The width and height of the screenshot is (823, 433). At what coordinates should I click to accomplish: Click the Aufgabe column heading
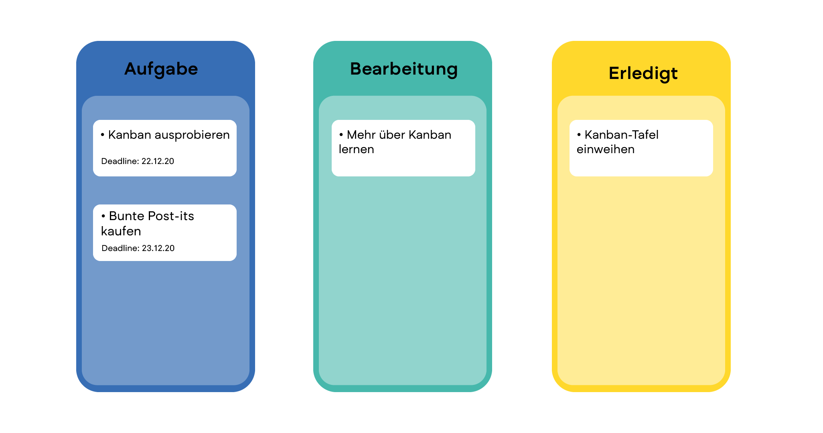(161, 69)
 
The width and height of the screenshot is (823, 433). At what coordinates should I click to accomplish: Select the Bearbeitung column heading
(404, 69)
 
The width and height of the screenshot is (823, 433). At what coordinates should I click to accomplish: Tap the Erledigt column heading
(643, 73)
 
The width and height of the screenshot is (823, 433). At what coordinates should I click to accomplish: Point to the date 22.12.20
(158, 161)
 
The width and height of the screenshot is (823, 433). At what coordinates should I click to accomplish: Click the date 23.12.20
(158, 248)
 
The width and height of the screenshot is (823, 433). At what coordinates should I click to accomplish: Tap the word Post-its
(171, 216)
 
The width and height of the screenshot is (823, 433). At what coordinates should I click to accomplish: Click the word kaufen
(121, 231)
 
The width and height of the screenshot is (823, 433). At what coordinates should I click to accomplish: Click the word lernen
(356, 150)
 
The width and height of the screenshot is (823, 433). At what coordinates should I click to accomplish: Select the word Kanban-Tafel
(621, 135)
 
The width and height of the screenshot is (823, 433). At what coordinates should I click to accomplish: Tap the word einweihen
(605, 150)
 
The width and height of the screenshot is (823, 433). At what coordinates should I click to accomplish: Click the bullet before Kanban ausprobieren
(103, 135)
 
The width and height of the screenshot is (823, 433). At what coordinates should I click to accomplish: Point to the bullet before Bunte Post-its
(103, 216)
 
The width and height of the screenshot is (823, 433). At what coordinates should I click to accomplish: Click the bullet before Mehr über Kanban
(341, 135)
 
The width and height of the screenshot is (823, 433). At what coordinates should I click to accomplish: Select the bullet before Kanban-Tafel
(579, 135)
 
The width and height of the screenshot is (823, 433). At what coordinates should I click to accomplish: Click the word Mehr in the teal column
(361, 135)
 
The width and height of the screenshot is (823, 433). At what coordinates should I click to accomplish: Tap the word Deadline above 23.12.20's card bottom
(120, 248)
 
